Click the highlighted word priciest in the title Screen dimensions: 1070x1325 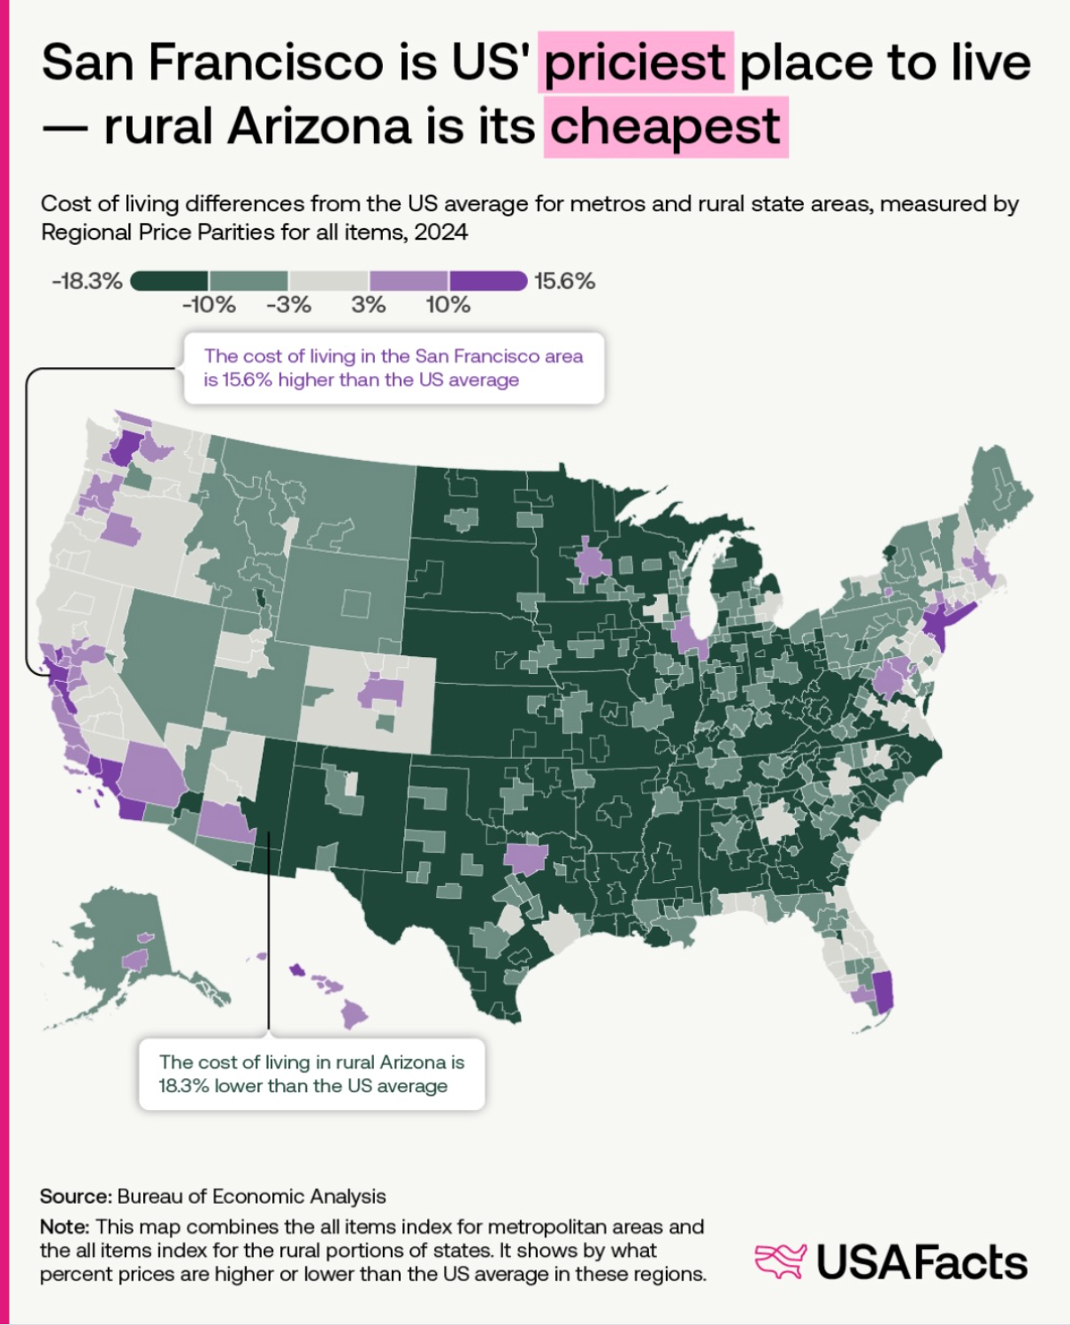pos(636,62)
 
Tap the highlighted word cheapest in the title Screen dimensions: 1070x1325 pos(666,126)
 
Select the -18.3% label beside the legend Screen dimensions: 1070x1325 pos(87,281)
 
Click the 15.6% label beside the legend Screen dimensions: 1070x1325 pos(564,281)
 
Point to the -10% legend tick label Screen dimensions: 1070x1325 pos(209,305)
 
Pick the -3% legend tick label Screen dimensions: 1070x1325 pos(288,305)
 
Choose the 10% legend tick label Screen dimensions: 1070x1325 pos(447,305)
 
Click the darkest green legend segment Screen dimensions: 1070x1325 pos(170,281)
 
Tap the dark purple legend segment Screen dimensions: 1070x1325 pos(489,281)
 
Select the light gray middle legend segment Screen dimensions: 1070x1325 pos(329,281)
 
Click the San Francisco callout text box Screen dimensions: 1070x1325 pos(394,368)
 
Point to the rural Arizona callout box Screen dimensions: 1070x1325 pos(311,1074)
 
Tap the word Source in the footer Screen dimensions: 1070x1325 pos(75,1196)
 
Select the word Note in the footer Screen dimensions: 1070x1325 pos(65,1226)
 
